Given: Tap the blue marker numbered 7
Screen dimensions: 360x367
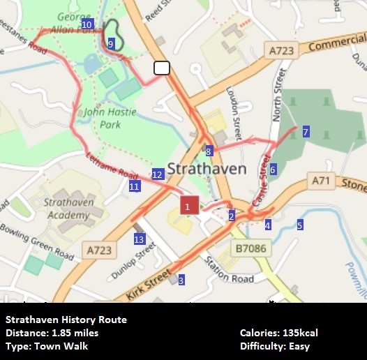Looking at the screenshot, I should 306,132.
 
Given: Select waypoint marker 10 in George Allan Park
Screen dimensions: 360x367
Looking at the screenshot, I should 87,24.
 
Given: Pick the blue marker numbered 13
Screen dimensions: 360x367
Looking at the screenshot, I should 139,240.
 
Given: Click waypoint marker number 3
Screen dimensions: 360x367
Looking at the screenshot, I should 181,280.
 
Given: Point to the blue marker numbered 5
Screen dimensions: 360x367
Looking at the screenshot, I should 300,225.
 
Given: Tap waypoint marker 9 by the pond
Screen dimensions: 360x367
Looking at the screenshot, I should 111,44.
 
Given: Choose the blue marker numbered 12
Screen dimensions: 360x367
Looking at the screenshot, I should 157,174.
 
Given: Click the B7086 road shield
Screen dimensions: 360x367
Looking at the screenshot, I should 251,248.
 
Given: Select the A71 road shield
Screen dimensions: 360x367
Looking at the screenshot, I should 321,181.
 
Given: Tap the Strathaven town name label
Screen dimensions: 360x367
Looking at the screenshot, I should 208,169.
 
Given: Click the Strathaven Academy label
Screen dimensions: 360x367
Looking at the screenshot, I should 64,209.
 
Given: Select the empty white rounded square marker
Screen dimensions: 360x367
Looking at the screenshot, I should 162,68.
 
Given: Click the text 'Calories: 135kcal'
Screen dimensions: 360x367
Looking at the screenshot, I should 279,333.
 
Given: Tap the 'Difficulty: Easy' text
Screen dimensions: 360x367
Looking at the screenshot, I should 274,346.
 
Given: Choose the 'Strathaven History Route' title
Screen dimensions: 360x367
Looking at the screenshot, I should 66,320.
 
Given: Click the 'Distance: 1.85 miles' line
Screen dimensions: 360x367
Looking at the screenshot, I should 52,333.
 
